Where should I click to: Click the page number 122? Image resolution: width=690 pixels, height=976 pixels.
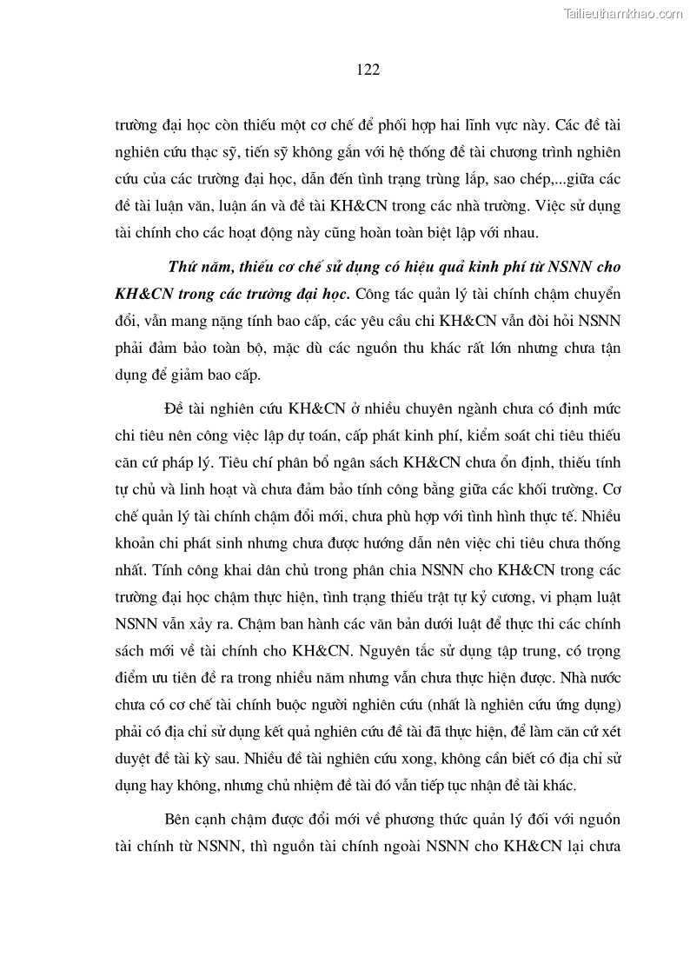[x=368, y=70]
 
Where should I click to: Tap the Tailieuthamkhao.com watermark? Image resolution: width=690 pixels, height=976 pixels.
[x=625, y=13]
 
